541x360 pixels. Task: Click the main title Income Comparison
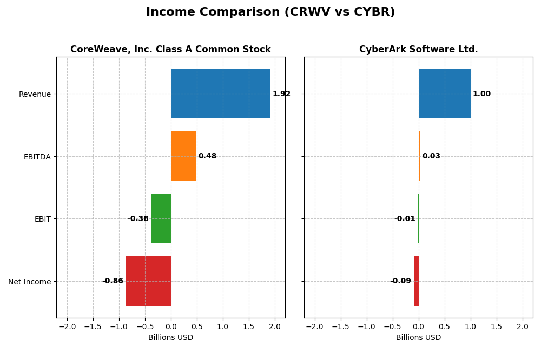270,12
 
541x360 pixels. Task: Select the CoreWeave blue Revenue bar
220,94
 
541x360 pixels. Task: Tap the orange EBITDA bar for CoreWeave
183,156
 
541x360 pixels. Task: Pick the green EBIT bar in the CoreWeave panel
161,218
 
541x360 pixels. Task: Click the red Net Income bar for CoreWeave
148,281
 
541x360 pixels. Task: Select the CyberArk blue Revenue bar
444,94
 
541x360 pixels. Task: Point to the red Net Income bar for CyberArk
416,281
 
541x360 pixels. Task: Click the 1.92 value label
281,94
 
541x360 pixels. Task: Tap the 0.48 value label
207,156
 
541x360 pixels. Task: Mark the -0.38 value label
138,219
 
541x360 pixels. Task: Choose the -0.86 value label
113,281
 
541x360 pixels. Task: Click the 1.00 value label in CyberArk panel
481,94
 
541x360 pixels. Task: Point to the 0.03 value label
431,156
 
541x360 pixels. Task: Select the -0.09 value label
400,281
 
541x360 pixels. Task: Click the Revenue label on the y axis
35,94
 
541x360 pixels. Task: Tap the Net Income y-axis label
30,282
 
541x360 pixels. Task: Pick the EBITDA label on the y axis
37,157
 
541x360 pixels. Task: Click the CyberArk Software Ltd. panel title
418,50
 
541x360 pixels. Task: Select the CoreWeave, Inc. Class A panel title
170,50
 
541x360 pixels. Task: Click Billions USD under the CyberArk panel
418,338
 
